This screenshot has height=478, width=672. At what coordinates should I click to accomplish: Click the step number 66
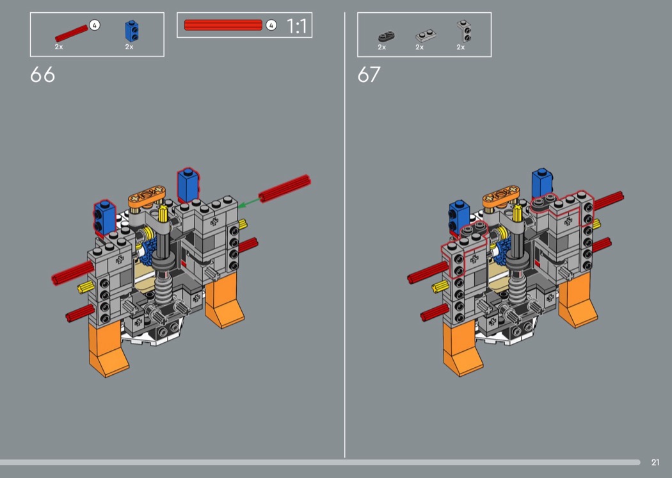click(x=42, y=75)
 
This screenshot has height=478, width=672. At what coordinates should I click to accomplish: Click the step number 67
click(x=369, y=75)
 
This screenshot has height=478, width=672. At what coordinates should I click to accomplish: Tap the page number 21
click(x=655, y=462)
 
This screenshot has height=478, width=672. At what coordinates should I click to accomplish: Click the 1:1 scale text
click(x=296, y=26)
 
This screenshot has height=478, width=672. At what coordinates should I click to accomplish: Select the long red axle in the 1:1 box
click(x=223, y=25)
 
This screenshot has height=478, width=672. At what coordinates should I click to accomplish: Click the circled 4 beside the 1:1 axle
click(x=271, y=26)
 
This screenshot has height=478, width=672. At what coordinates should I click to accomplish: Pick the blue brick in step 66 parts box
click(x=132, y=31)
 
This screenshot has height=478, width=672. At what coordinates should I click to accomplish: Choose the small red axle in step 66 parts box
click(x=72, y=33)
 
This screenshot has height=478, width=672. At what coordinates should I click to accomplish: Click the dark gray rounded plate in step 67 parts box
click(x=386, y=36)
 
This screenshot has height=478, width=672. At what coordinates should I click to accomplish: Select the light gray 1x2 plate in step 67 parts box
click(x=426, y=35)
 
